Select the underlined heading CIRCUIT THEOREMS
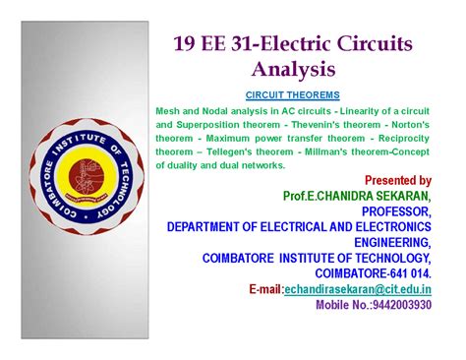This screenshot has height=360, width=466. [293, 94]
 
